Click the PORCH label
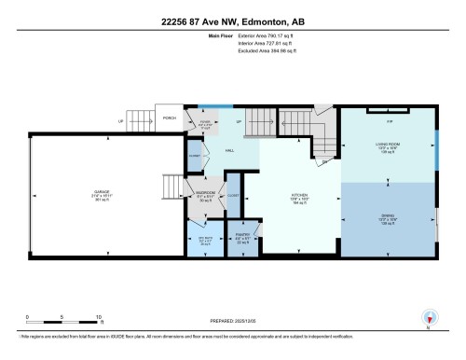(x=170, y=118)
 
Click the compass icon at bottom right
(x=428, y=317)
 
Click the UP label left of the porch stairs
(x=119, y=119)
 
